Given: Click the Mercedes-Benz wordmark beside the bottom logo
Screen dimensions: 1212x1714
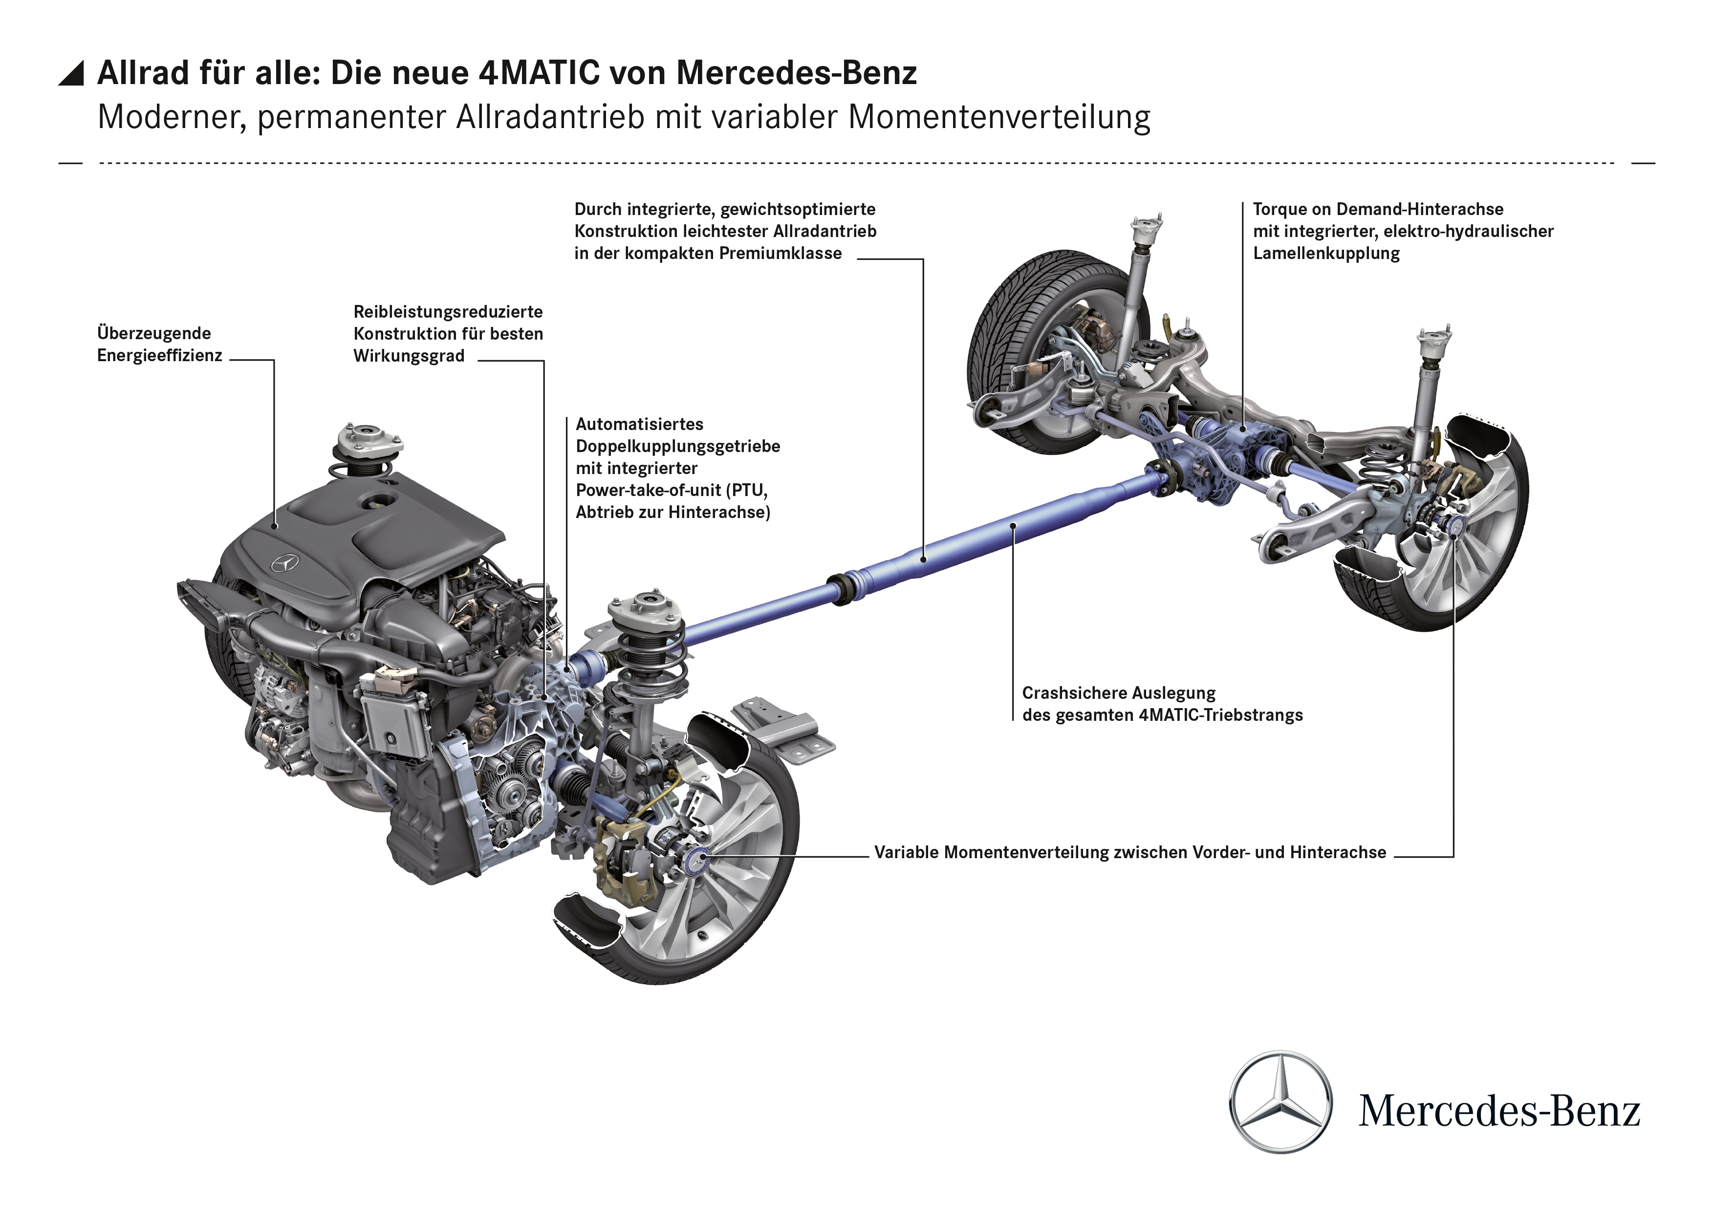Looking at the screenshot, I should [1499, 1111].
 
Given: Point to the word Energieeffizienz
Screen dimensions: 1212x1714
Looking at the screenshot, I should [160, 355].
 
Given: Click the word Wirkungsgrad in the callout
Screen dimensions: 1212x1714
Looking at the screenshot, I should [409, 356].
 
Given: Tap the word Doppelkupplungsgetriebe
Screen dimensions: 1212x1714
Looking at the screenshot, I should [678, 446].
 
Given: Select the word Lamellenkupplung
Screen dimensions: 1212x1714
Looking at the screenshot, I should [1326, 253].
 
